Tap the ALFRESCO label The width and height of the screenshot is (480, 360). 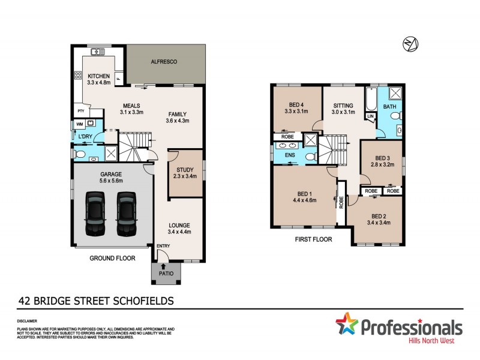163,62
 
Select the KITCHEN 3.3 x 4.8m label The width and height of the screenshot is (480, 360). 98,80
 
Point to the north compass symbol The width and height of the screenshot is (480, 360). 410,44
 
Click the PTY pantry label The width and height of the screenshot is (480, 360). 80,111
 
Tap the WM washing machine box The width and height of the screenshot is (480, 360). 79,124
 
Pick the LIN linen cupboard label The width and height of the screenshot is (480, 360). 370,116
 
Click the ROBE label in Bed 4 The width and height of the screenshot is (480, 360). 286,137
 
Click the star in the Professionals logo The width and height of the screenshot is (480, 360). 346,325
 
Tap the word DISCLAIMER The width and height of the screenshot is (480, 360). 26,321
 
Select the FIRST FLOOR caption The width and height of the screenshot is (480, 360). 311,239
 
